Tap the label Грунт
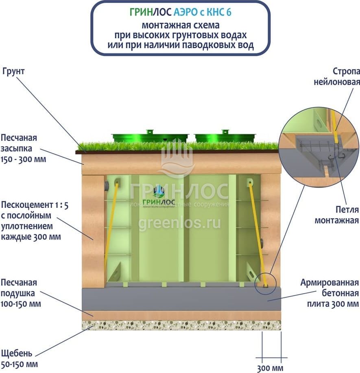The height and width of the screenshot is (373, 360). (x=13, y=71)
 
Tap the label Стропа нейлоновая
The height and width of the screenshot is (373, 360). (x=337, y=76)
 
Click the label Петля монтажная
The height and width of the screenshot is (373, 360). (x=342, y=215)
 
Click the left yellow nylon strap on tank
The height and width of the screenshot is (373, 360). (x=111, y=228)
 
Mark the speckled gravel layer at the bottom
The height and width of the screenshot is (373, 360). (x=181, y=325)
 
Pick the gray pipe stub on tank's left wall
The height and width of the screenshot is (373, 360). (x=107, y=187)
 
